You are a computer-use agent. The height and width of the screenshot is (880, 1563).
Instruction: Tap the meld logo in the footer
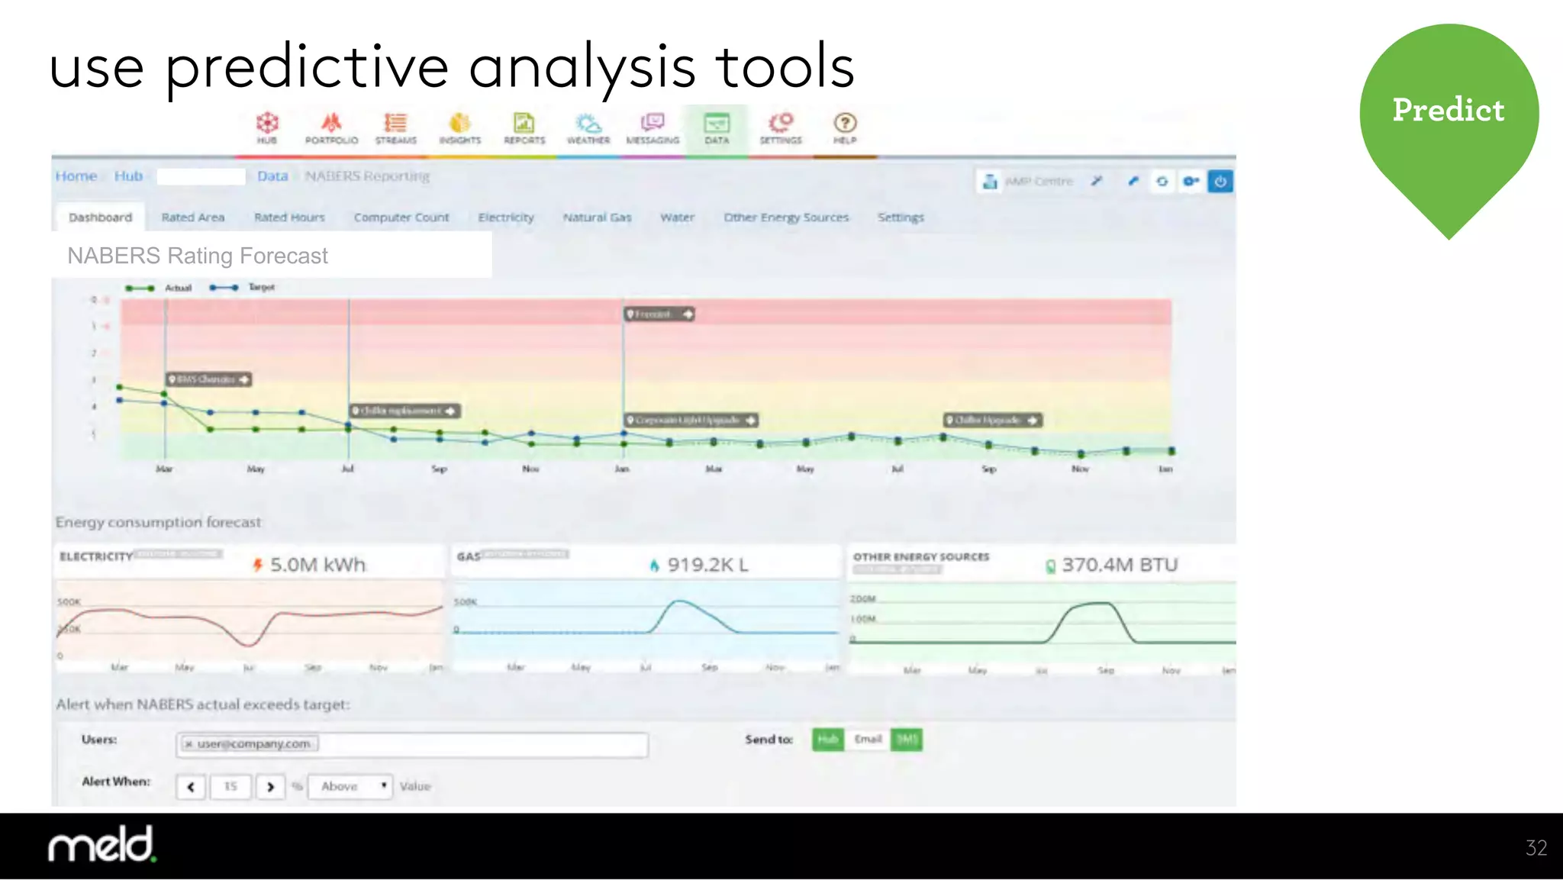tap(102, 845)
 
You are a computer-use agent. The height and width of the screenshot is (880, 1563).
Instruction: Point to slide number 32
tap(1536, 848)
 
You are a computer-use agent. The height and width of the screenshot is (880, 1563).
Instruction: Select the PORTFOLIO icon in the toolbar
tap(331, 128)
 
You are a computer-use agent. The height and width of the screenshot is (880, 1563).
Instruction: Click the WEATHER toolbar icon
tap(588, 128)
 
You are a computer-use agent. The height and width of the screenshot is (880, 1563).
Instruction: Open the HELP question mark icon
tap(845, 128)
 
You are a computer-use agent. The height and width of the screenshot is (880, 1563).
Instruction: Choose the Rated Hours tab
tap(289, 218)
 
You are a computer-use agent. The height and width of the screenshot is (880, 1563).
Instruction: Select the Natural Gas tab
tap(597, 218)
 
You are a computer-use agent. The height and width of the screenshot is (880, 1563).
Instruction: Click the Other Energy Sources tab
tap(786, 218)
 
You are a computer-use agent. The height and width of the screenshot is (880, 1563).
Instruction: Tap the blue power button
tap(1220, 182)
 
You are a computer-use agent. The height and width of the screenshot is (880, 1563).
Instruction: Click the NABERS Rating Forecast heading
tap(198, 256)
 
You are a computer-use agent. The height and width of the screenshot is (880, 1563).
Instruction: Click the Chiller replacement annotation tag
tap(404, 411)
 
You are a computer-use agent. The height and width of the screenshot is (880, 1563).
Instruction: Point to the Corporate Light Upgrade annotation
tap(691, 421)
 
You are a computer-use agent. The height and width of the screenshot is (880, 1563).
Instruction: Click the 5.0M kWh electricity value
tap(317, 565)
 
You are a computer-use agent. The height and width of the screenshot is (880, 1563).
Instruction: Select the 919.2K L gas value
tap(707, 565)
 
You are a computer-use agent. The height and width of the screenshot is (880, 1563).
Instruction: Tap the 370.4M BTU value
tap(1119, 565)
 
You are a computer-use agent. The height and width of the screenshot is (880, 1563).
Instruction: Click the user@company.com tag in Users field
tap(250, 744)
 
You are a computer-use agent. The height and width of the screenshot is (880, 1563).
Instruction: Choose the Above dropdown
tap(350, 786)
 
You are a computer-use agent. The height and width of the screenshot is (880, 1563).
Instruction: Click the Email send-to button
tap(868, 740)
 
